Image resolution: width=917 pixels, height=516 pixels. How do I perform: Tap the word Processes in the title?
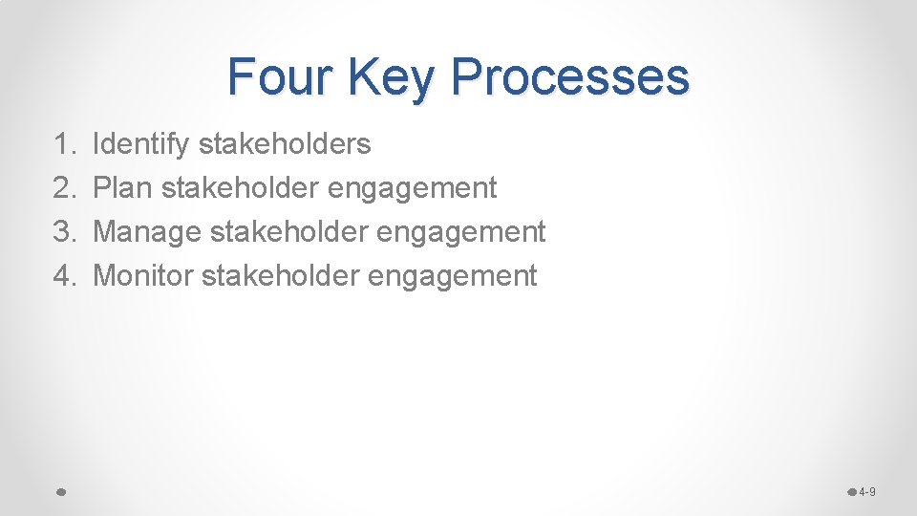pos(570,76)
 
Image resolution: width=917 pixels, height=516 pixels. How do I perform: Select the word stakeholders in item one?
pos(285,144)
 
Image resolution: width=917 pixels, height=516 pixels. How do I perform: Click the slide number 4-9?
pos(866,492)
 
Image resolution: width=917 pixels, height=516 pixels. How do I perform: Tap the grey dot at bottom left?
pos(60,492)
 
